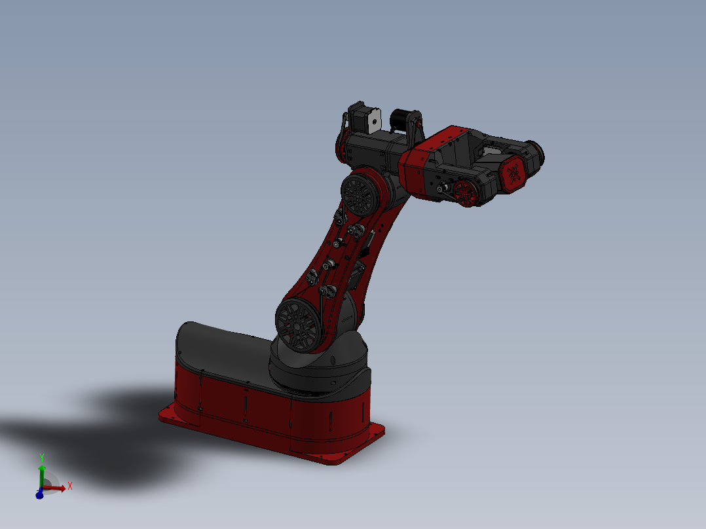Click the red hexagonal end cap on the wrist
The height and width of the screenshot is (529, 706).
click(x=513, y=175)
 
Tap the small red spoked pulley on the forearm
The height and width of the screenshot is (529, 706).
click(x=466, y=192)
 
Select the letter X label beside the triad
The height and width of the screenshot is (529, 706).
click(x=69, y=486)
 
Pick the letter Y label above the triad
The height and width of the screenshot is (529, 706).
click(x=42, y=456)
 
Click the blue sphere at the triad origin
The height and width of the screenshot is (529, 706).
click(x=39, y=495)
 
